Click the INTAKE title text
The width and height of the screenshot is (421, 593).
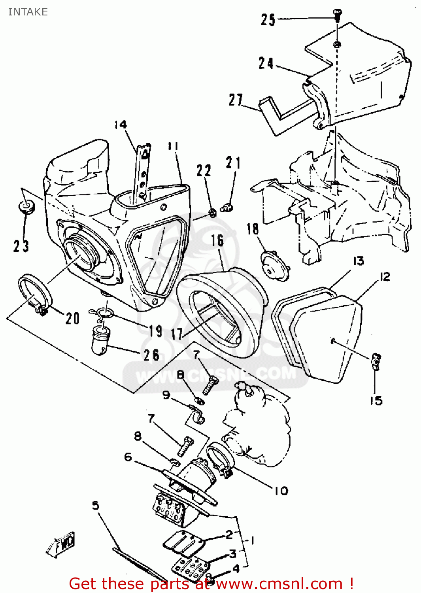coord(28,12)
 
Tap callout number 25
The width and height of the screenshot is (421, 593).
coord(268,19)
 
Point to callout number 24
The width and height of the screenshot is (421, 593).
coord(266,63)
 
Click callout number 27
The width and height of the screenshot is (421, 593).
coord(236,100)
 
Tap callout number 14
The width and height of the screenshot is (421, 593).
coord(121,125)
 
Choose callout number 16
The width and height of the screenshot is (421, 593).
coord(217,240)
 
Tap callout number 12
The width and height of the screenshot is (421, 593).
coord(385,276)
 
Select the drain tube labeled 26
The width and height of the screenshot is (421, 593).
coord(100,341)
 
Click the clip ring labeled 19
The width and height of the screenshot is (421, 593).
coord(105,314)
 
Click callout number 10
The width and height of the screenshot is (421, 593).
coord(281,491)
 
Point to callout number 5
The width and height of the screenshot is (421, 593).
coord(96,505)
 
